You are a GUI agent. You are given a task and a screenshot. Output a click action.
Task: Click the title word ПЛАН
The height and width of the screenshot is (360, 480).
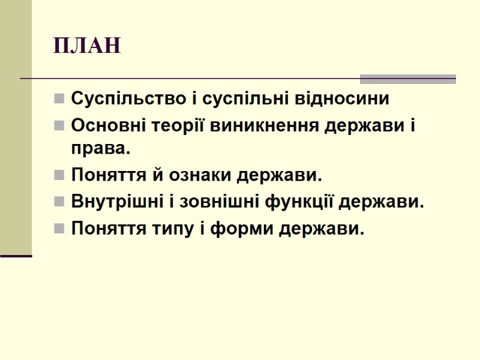point(87,46)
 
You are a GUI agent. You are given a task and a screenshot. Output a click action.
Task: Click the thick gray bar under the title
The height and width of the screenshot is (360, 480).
point(407,79)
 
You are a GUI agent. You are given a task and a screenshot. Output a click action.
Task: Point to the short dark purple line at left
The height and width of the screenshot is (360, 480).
point(16,256)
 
